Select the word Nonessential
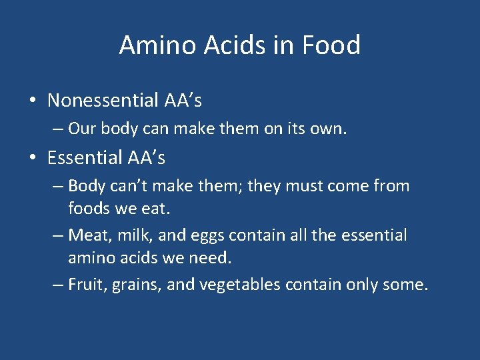[103, 101]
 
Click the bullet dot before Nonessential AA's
[32, 101]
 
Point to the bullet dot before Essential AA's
[32, 158]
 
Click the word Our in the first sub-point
[82, 128]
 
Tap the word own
[328, 128]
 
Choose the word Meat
[86, 235]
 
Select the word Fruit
[86, 285]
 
